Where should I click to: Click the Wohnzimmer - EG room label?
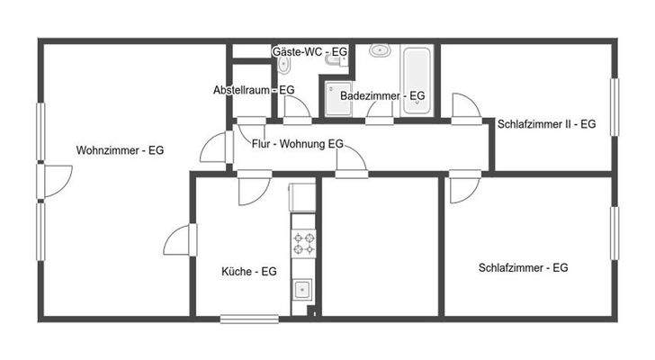click(120, 150)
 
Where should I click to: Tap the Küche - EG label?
click(248, 271)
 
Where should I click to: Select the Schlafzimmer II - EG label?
click(546, 124)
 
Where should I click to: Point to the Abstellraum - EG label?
click(254, 90)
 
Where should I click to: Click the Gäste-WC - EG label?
click(310, 52)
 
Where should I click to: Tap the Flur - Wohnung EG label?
click(297, 144)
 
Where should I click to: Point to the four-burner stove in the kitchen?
click(302, 243)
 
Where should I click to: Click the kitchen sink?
click(302, 290)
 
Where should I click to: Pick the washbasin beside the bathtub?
click(379, 50)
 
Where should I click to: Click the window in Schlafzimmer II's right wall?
click(616, 108)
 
